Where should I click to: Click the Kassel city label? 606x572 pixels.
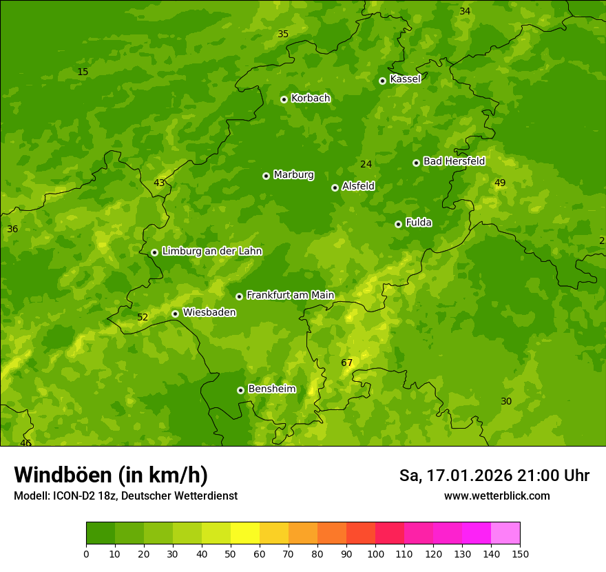tap(405, 79)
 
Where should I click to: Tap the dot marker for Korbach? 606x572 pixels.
tap(284, 99)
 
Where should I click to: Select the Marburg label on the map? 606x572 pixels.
tap(293, 175)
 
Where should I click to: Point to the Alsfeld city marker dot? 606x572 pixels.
tap(335, 187)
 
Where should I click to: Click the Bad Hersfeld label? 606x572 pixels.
tap(454, 161)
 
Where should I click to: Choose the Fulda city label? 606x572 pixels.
tap(419, 223)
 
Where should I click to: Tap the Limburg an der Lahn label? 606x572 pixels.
tap(212, 252)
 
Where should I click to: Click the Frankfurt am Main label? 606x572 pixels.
tap(290, 295)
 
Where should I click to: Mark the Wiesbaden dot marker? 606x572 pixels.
tap(175, 314)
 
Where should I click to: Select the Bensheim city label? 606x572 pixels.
tap(271, 389)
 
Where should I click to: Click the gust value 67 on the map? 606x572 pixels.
tap(346, 363)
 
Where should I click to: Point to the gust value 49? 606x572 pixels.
tap(500, 183)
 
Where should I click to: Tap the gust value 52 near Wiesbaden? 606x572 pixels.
tap(143, 318)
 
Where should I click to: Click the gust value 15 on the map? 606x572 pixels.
tap(83, 72)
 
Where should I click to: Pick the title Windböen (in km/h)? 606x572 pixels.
tap(111, 475)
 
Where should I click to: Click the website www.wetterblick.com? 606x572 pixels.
tap(497, 496)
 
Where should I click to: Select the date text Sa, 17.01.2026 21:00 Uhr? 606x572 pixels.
tap(494, 476)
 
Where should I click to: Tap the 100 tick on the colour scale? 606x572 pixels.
tap(375, 554)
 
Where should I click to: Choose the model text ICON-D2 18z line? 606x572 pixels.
tap(125, 496)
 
